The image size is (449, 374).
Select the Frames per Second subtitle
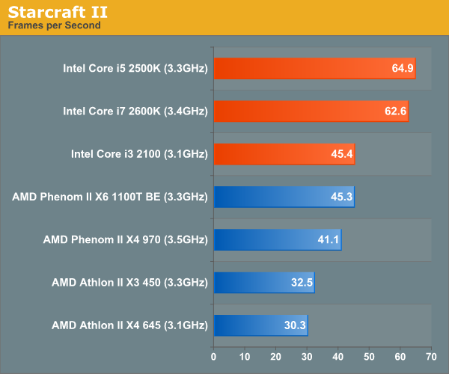(54, 25)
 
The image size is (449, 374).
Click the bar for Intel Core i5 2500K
(314, 69)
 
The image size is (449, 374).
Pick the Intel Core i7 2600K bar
(311, 111)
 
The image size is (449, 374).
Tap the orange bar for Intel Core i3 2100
(284, 154)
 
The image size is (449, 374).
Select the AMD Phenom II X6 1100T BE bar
(284, 197)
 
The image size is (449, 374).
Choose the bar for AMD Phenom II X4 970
(278, 239)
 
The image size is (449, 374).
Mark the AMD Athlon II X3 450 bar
(263, 283)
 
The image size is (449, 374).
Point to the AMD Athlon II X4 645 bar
(260, 325)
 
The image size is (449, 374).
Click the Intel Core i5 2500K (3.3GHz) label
(135, 69)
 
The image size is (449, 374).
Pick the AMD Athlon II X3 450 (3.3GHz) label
(129, 283)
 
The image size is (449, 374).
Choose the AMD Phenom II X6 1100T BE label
(109, 197)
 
